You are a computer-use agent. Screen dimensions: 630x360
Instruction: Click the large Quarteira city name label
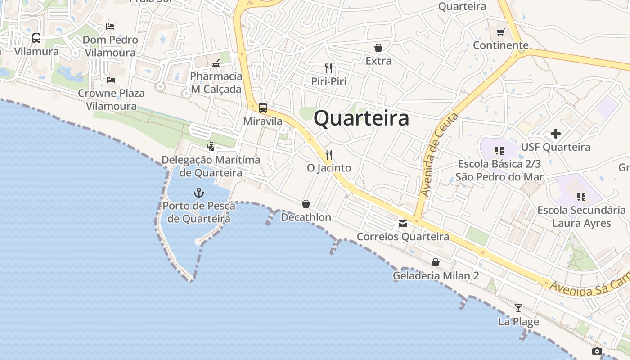[x=361, y=118]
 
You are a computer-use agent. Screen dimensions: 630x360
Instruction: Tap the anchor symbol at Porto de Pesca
[x=198, y=193]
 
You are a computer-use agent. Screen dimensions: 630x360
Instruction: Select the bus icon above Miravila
[x=263, y=108]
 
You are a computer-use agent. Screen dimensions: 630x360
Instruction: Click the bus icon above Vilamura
[x=36, y=38]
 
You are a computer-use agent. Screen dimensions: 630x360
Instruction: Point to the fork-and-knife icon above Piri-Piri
[x=328, y=68]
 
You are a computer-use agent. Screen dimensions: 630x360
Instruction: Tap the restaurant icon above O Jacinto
[x=328, y=155]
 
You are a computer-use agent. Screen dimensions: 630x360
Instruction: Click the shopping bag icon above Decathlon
[x=306, y=204]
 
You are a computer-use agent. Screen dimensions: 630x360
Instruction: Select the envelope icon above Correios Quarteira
[x=403, y=223]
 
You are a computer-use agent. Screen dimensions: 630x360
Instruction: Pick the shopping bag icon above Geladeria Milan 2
[x=436, y=262]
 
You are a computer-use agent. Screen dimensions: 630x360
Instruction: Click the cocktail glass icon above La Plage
[x=518, y=308]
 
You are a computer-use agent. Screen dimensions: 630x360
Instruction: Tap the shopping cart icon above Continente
[x=500, y=32]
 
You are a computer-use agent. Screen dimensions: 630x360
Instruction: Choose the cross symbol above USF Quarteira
[x=556, y=134]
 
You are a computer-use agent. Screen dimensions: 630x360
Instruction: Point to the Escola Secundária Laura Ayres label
[x=581, y=216]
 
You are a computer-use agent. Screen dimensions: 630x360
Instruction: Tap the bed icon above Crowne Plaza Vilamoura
[x=111, y=80]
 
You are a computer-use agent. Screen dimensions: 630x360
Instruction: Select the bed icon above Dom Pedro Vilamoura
[x=110, y=27]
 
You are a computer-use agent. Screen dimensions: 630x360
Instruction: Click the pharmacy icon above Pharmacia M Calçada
[x=216, y=63]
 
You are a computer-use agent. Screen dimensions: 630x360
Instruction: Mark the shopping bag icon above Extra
[x=378, y=48]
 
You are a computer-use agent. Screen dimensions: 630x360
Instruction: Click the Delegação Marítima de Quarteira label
[x=211, y=166]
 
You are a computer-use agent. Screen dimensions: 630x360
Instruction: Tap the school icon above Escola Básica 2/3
[x=499, y=150]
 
